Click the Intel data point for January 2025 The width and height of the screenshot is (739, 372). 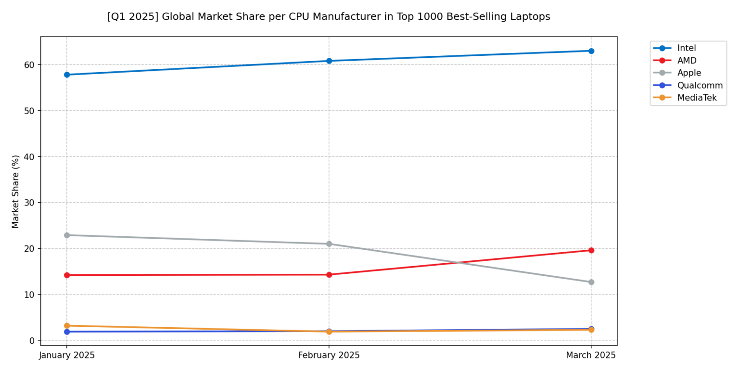67,75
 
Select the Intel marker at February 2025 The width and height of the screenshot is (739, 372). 329,61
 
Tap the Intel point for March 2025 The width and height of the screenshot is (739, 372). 591,51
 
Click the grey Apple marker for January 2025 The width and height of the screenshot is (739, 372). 67,235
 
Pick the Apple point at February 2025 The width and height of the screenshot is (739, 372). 329,244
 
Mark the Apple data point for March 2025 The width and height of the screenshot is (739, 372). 591,282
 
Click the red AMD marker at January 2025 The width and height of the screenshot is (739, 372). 67,275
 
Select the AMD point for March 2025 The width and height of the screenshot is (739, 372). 591,250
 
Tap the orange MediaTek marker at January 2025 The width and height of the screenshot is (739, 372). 67,326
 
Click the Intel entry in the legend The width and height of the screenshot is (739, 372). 686,48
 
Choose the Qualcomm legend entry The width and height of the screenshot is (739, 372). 700,86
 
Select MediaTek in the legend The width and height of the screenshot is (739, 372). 697,98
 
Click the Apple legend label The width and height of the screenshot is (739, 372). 689,73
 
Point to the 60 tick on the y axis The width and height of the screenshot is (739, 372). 30,64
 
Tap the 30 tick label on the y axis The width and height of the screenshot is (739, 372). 30,203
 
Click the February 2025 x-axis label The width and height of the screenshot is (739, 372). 329,356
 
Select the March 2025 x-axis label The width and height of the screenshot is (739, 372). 591,356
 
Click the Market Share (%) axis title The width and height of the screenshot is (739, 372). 16,192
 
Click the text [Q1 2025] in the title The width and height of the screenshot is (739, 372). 132,17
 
